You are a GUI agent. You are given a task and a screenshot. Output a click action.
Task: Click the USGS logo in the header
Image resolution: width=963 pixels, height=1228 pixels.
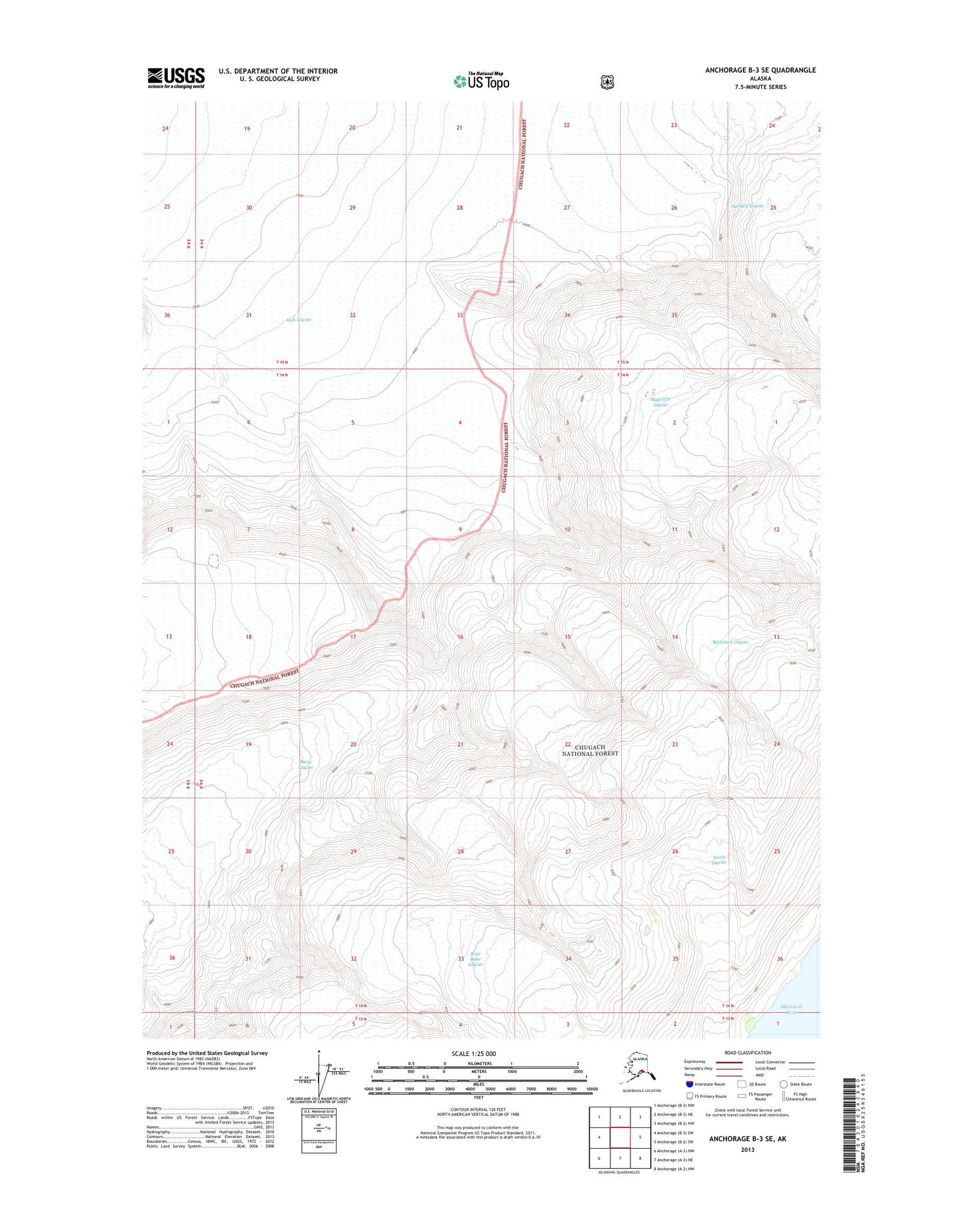click(176, 78)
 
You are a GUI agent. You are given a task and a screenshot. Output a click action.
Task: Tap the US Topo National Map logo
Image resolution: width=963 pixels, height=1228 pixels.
click(481, 81)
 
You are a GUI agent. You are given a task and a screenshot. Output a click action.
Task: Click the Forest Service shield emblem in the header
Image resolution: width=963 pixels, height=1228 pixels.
click(607, 82)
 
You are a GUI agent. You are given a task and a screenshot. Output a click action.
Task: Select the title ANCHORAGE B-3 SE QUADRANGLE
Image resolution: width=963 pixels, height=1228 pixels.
click(760, 70)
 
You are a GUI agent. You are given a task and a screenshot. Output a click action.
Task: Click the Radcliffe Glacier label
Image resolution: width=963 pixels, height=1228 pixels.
click(660, 402)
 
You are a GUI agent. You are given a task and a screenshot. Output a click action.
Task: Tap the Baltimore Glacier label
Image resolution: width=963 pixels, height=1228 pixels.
click(730, 642)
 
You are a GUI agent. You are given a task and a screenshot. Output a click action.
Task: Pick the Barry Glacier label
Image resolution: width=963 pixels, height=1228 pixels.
click(306, 764)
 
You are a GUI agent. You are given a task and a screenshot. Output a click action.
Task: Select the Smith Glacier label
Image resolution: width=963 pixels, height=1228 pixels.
click(718, 860)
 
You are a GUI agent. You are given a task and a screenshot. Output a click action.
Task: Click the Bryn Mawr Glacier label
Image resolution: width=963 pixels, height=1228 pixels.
click(475, 959)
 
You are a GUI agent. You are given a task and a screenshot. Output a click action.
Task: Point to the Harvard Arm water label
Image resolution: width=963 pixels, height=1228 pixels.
click(790, 1009)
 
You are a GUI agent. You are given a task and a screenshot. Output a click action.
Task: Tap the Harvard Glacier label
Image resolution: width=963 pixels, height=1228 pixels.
click(746, 206)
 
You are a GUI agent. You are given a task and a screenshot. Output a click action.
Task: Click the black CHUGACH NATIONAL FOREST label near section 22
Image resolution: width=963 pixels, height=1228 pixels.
click(590, 750)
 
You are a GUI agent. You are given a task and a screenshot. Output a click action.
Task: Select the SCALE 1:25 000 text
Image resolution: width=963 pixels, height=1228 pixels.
click(473, 1054)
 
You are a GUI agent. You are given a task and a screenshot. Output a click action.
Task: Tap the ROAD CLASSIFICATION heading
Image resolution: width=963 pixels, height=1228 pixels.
click(748, 1053)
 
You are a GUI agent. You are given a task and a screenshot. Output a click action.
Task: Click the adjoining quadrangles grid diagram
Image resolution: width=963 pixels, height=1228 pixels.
click(620, 1138)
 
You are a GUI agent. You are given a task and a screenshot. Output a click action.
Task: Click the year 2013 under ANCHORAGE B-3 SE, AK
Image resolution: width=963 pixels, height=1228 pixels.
click(747, 1149)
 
